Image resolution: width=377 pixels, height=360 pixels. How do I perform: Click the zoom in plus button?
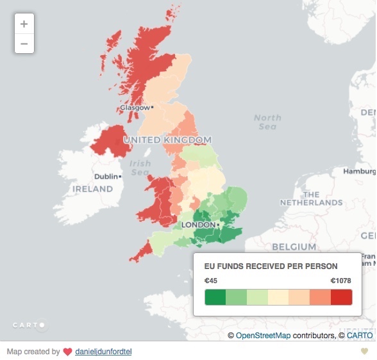[24, 24]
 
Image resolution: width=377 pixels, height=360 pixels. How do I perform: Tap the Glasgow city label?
[135, 108]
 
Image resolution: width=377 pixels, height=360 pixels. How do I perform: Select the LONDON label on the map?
[199, 225]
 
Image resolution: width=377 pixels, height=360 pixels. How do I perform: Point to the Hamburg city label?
[359, 172]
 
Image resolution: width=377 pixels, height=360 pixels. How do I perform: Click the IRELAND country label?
[92, 189]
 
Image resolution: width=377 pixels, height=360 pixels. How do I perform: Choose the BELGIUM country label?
[294, 247]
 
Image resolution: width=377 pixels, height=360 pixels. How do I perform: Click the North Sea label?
[267, 122]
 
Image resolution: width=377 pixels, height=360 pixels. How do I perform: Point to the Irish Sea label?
[140, 168]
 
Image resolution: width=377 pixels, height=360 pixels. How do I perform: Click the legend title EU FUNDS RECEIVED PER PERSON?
[271, 266]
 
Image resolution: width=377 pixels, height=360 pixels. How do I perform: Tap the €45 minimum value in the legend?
[211, 281]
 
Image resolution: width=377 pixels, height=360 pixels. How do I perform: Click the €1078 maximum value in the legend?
[341, 281]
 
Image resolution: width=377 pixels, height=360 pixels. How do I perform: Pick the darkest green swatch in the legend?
[215, 298]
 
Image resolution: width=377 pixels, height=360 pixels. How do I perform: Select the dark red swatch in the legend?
[342, 298]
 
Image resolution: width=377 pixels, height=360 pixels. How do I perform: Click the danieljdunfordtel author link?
[103, 352]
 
